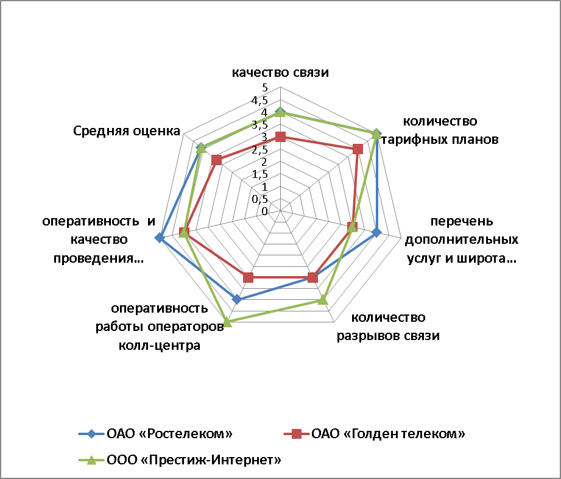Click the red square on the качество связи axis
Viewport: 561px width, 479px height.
(280, 137)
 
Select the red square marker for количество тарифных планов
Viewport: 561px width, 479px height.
(358, 149)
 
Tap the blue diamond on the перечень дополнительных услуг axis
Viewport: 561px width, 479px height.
(376, 233)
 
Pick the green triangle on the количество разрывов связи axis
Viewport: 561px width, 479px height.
(323, 299)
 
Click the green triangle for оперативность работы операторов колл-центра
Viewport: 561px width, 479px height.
(227, 322)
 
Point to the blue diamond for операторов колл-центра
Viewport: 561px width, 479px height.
(236, 299)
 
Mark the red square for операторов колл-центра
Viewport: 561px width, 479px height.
(248, 277)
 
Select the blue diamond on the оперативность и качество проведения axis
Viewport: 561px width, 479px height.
(160, 238)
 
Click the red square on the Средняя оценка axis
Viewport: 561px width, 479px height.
(216, 160)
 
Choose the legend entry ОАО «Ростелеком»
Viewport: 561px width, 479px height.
(156, 434)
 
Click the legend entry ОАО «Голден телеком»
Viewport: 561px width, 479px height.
(374, 434)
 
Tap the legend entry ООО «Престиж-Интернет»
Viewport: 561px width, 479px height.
(180, 459)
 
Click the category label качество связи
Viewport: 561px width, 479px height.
(280, 73)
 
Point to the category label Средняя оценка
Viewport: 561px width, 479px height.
(127, 131)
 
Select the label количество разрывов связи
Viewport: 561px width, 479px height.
(388, 327)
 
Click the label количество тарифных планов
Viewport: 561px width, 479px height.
(440, 130)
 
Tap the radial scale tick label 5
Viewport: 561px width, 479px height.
(265, 87)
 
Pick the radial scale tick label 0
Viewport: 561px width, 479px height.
(264, 211)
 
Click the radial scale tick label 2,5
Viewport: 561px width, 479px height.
(259, 150)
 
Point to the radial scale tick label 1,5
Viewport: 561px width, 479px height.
(259, 175)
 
